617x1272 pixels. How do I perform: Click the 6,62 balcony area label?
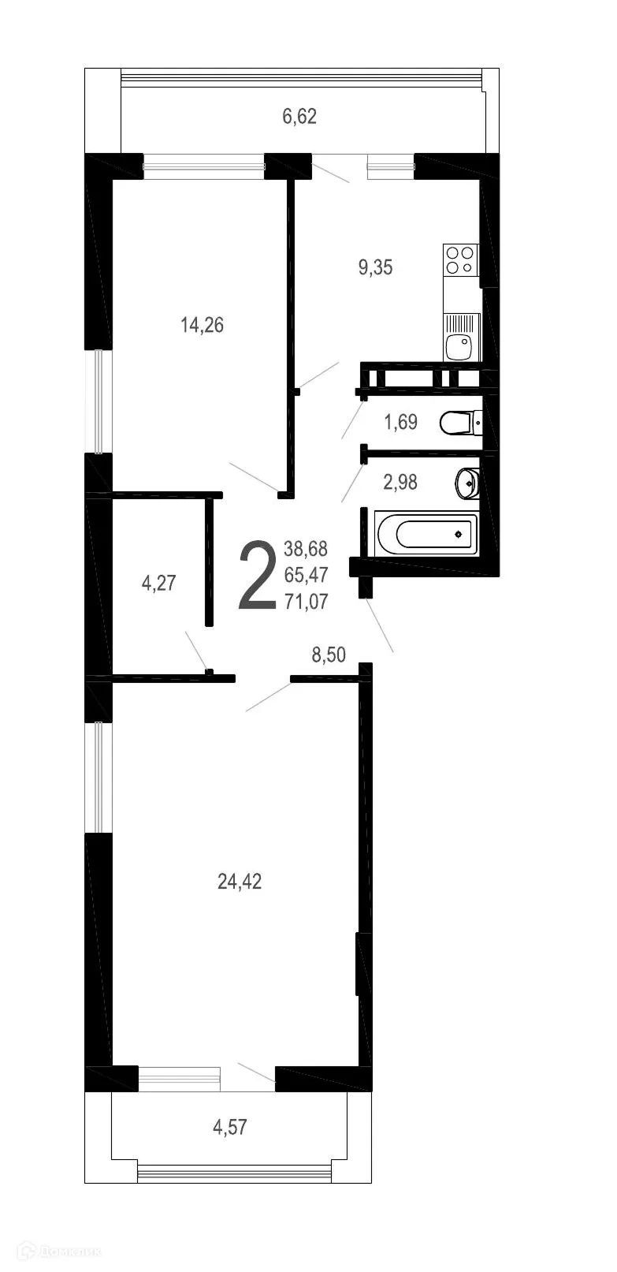299,117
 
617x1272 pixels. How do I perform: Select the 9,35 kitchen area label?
375,267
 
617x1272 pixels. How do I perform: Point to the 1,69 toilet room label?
400,422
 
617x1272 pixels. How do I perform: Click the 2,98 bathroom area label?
400,481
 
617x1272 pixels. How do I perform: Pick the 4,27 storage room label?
158,583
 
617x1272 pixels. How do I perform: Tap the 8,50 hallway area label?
329,655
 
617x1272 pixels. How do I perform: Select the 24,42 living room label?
240,882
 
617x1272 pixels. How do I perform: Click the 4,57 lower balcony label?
230,1127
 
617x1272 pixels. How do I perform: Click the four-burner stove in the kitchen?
460,260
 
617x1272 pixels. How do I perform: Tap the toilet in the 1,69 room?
460,423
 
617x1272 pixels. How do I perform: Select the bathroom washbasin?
466,482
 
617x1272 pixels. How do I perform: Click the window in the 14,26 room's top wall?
203,166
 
